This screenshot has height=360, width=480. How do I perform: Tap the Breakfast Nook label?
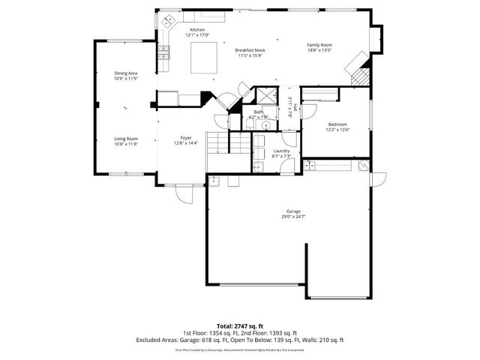coord(250,50)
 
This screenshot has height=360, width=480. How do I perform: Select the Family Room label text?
coord(319,45)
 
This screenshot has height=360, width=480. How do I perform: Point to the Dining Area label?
coord(125,73)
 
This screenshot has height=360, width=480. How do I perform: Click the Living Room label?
coord(125,138)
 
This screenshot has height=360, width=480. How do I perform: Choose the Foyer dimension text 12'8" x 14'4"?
coord(186,143)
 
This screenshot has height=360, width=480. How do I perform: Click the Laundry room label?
coord(281,151)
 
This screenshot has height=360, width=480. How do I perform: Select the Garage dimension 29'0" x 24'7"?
coord(292,217)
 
